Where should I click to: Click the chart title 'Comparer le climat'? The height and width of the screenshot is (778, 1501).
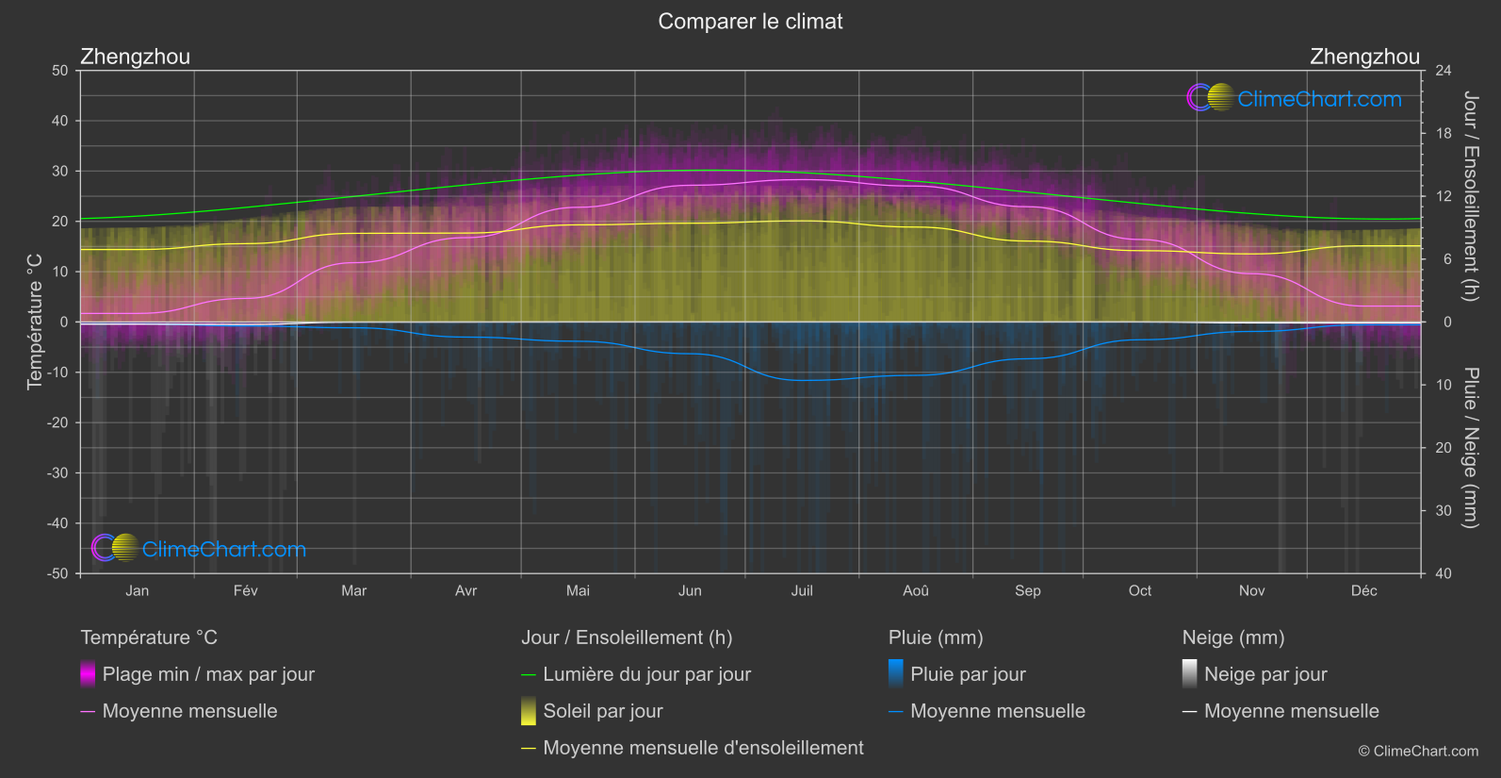(750, 22)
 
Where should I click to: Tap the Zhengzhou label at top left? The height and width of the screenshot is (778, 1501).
(136, 57)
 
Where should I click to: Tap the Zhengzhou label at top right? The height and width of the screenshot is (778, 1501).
(1364, 57)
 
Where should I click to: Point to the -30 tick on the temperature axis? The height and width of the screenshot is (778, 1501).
(58, 473)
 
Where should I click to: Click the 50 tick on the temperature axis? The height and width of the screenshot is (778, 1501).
(60, 71)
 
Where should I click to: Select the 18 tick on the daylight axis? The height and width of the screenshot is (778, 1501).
(1444, 134)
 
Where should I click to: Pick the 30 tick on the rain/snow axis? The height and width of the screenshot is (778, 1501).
(1444, 511)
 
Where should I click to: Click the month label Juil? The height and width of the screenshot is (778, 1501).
(802, 591)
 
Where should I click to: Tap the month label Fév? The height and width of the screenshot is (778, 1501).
(245, 591)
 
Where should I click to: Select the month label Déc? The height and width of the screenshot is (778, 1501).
(1363, 591)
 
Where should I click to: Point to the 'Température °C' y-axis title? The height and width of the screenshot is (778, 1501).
(35, 322)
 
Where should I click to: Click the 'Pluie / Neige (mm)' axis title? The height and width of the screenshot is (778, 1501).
(1470, 448)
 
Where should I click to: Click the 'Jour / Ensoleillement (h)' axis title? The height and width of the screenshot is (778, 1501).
(1470, 196)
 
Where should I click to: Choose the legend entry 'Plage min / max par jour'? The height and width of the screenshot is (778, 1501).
(208, 674)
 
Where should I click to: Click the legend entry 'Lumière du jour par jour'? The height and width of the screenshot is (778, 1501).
(646, 674)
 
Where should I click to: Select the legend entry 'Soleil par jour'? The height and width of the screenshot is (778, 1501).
(603, 711)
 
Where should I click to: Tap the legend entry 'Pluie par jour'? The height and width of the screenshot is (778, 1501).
(968, 674)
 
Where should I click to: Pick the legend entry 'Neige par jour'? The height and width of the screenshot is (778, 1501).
(1265, 674)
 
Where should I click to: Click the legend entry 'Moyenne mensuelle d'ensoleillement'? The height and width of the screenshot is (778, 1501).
(703, 748)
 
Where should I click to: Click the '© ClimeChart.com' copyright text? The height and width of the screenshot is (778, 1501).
(1418, 752)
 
